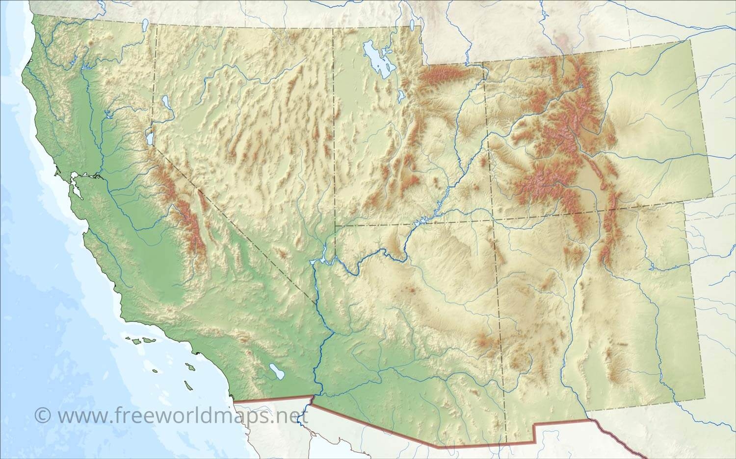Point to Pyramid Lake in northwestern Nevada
[x=164, y=102]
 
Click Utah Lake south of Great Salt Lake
[x=401, y=95]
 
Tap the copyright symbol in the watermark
[x=43, y=415]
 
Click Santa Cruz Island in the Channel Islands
[x=147, y=339]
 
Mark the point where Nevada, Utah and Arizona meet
[x=335, y=226]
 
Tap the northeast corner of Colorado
[x=692, y=39]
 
